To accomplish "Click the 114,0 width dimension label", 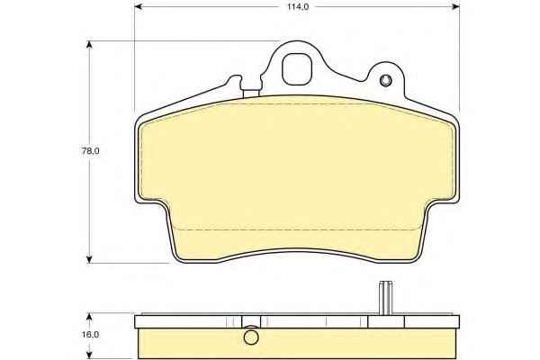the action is [x=298, y=7].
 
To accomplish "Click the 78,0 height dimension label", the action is [x=91, y=151].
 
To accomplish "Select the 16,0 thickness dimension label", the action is [x=91, y=334].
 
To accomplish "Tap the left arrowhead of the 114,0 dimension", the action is [x=139, y=6].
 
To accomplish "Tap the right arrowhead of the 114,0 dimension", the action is [x=455, y=6].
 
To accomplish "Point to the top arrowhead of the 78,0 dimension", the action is [x=89, y=46].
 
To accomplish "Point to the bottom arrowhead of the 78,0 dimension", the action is [x=89, y=258].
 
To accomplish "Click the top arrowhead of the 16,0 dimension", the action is [x=89, y=318].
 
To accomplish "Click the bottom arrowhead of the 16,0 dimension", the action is [x=89, y=355].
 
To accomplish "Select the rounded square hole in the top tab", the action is [x=297, y=69].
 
